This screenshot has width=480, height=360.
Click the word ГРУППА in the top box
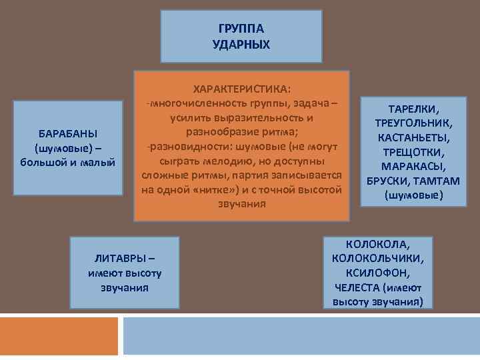pyautogui.click(x=241, y=29)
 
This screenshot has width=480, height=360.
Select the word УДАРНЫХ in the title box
pyautogui.click(x=241, y=44)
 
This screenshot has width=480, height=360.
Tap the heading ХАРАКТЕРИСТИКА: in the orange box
pyautogui.click(x=241, y=89)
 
